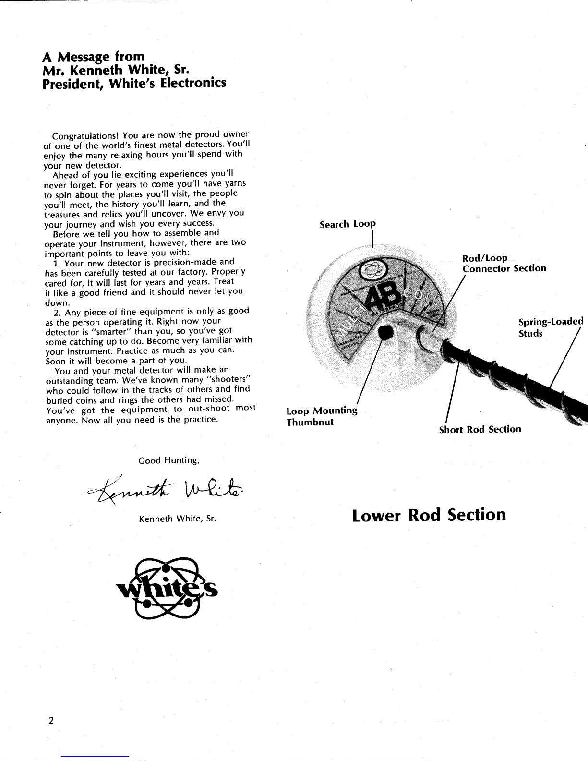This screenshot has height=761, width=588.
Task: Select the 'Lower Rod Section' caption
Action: [429, 515]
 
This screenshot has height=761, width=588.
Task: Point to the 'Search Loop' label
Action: [348, 224]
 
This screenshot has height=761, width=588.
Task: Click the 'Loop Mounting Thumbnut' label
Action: [322, 416]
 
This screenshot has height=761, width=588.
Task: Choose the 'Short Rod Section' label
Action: [480, 429]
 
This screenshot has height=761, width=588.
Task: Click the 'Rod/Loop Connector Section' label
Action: [504, 264]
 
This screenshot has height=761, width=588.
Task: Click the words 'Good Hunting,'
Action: [168, 461]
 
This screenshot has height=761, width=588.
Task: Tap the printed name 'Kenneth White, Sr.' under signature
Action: [178, 519]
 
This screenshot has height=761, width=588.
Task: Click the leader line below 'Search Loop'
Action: [372, 239]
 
